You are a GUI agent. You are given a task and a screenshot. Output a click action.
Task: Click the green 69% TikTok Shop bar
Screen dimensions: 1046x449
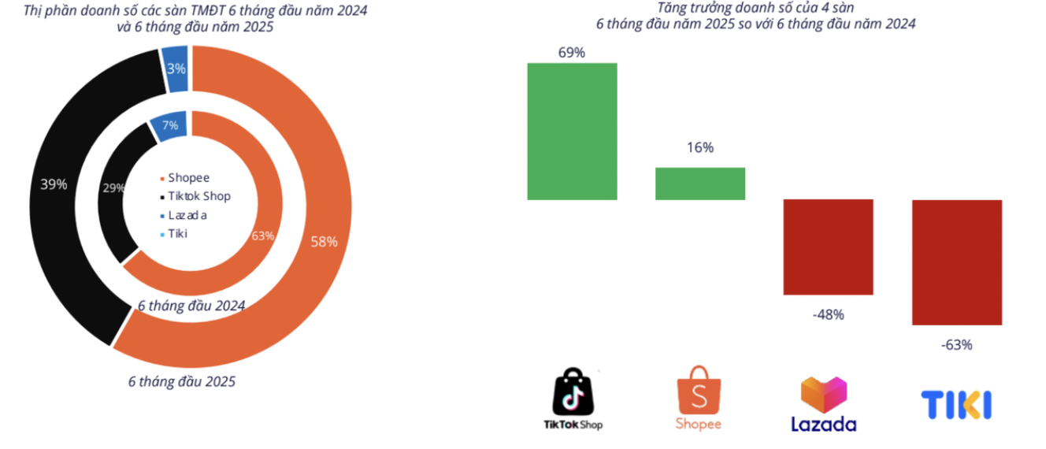click(572, 132)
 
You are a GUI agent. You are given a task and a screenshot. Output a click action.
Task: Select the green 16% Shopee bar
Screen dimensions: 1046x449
click(700, 184)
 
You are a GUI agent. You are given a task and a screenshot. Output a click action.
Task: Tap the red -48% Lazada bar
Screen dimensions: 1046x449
click(828, 247)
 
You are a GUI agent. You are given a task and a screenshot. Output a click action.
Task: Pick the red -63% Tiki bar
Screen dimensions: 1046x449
click(957, 262)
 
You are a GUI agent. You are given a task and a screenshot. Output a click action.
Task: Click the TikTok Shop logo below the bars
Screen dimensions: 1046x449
click(573, 399)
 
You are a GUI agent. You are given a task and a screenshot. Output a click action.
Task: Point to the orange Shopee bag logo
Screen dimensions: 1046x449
click(699, 398)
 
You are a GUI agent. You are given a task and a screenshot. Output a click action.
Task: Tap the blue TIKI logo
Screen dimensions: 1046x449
click(956, 405)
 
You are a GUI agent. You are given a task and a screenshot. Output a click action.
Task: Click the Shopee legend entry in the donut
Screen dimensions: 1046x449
click(184, 177)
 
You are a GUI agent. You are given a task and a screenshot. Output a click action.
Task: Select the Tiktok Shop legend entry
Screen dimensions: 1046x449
click(195, 196)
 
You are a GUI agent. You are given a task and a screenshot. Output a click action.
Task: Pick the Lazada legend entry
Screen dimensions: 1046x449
click(183, 215)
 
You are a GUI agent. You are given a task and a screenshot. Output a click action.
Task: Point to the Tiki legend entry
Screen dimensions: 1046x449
click(173, 234)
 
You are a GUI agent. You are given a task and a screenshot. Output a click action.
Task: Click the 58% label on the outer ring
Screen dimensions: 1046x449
click(324, 242)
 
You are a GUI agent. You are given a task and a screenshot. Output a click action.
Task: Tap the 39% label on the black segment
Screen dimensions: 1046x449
click(54, 184)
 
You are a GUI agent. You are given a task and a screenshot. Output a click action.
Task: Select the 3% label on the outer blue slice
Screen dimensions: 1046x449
click(176, 69)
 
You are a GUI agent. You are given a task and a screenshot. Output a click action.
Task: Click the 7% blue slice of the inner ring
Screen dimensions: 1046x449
click(169, 126)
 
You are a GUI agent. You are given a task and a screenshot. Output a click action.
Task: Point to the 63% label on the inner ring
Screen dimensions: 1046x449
click(263, 236)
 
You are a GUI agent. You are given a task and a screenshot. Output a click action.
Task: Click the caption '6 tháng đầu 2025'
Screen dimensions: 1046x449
click(182, 382)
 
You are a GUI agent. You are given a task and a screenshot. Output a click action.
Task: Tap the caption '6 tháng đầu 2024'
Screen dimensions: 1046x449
click(191, 306)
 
